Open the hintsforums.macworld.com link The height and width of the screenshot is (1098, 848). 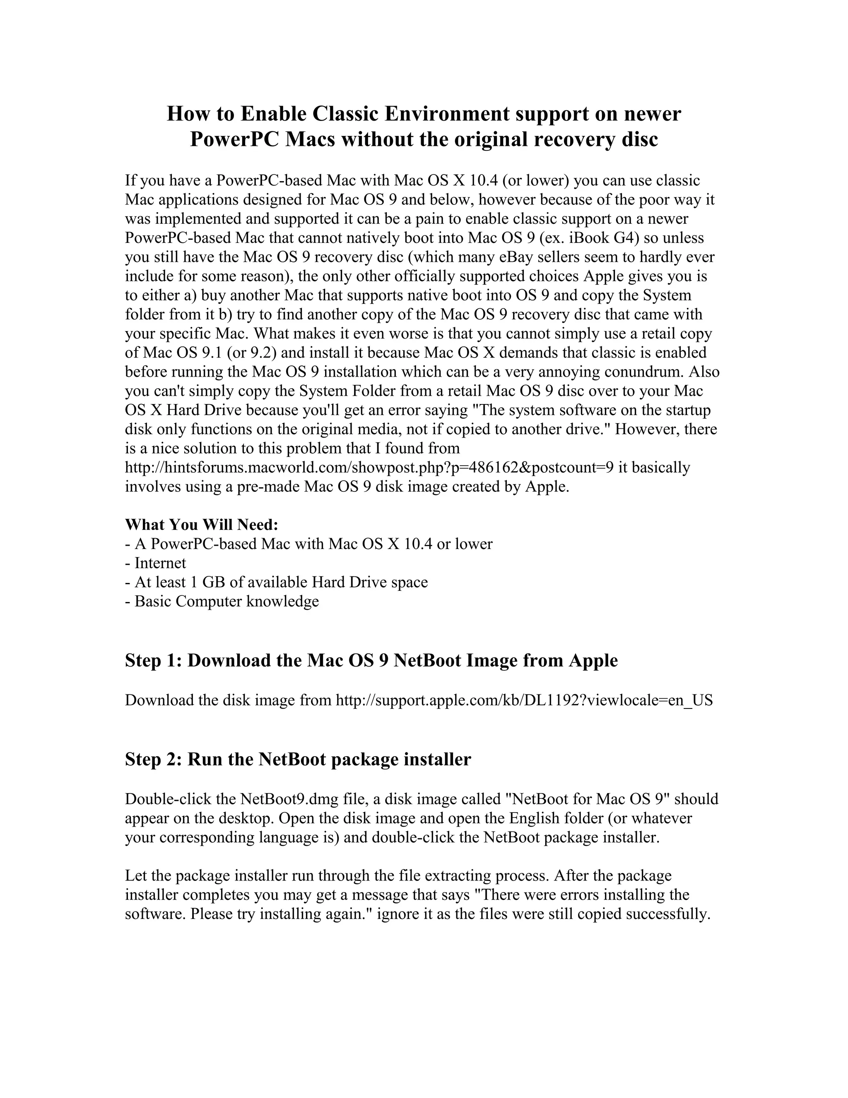(x=369, y=467)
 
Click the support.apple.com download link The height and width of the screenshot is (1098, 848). (x=524, y=700)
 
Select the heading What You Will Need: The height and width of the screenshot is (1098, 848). (x=202, y=525)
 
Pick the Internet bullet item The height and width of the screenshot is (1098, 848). (x=160, y=563)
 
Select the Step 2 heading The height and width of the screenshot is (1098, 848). (x=298, y=759)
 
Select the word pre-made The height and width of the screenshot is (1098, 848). (x=268, y=487)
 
